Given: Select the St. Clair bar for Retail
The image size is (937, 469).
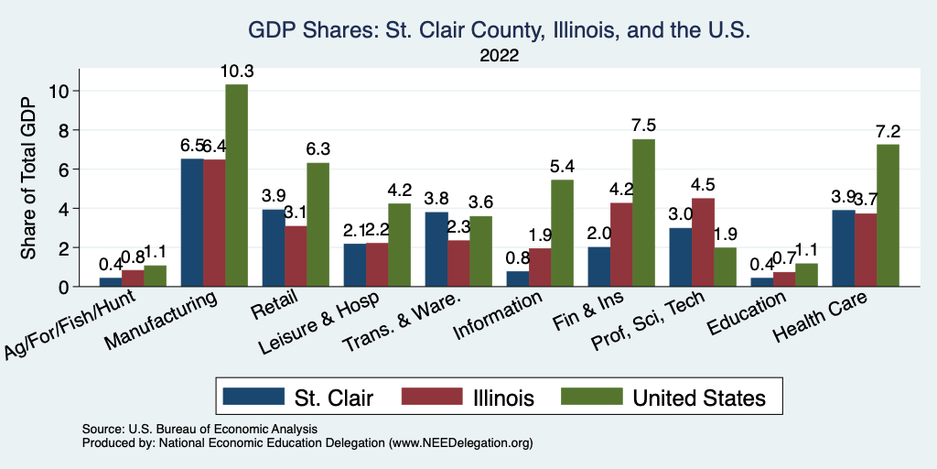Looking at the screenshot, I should (274, 248).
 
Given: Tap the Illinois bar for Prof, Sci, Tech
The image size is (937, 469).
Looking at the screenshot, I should (703, 243).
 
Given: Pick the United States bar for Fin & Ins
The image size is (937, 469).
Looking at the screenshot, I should (643, 213).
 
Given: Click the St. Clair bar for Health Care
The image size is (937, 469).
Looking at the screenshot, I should (843, 248).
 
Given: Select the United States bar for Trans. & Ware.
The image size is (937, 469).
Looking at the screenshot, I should (480, 251).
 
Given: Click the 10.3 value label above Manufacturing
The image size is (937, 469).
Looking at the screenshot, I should (236, 71).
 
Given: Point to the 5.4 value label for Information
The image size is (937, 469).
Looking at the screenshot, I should (562, 167).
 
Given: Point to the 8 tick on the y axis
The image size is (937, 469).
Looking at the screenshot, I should (60, 130).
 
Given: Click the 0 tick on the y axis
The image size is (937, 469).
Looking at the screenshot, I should (60, 287).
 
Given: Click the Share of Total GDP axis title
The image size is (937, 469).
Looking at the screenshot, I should (29, 179).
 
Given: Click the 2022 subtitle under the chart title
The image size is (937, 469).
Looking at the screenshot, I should (500, 56).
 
